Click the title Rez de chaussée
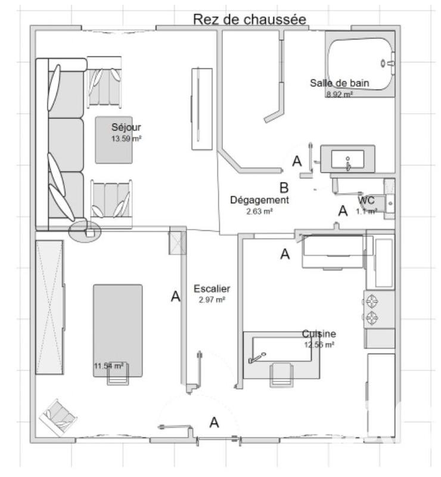click(x=249, y=19)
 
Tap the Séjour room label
click(x=126, y=127)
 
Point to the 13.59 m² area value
click(x=126, y=138)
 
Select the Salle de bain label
click(x=339, y=83)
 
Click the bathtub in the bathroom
click(x=360, y=63)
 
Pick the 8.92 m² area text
click(x=339, y=94)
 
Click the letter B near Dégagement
click(x=284, y=186)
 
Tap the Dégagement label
click(x=259, y=200)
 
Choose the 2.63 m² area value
click(x=259, y=211)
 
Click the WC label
click(x=367, y=200)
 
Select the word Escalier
click(x=212, y=289)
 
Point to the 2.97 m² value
click(x=212, y=300)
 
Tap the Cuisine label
click(x=318, y=334)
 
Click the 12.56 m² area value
click(x=318, y=345)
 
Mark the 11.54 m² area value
click(x=108, y=366)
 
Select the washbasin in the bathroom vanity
click(x=348, y=159)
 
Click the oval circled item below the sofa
click(x=85, y=231)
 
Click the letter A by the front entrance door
click(x=214, y=422)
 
